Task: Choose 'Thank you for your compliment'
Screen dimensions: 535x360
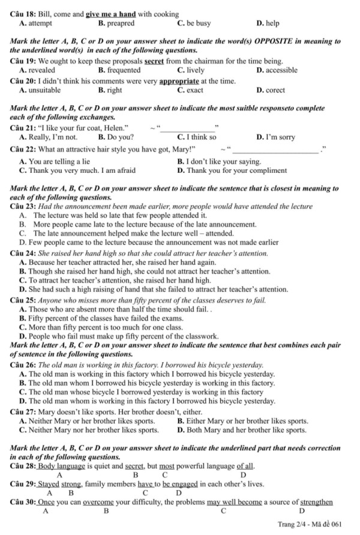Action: point(228,170)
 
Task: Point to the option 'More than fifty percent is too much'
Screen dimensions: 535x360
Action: point(104,327)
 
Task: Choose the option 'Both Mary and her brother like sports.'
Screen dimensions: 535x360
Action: point(246,430)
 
